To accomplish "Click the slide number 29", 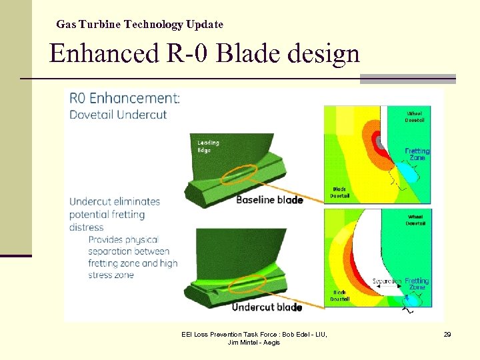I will [x=447, y=334].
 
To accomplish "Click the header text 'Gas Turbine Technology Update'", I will [x=139, y=25].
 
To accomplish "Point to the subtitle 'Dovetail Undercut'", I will [x=118, y=114].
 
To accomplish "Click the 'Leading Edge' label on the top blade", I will [x=208, y=146].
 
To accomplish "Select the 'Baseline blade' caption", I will [x=269, y=199].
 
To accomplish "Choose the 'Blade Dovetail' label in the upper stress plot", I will [x=340, y=193].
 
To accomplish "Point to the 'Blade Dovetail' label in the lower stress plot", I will [x=340, y=296].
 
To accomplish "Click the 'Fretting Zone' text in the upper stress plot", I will [x=417, y=154].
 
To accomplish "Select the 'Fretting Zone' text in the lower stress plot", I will [x=417, y=285].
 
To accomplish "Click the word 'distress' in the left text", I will [x=87, y=227].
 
